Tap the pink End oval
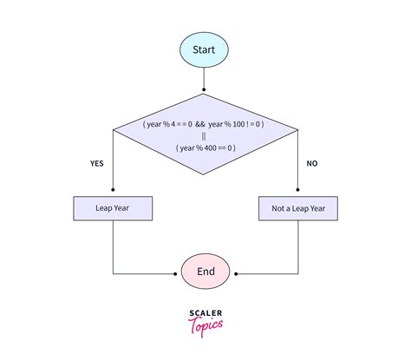[x=205, y=272]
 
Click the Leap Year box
[x=113, y=208]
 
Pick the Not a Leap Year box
[x=298, y=208]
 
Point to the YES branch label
[x=98, y=162]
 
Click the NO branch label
[x=312, y=162]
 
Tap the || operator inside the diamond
[x=205, y=135]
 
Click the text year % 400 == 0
[x=205, y=147]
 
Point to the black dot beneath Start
[x=205, y=88]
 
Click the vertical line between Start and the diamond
[x=205, y=78]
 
